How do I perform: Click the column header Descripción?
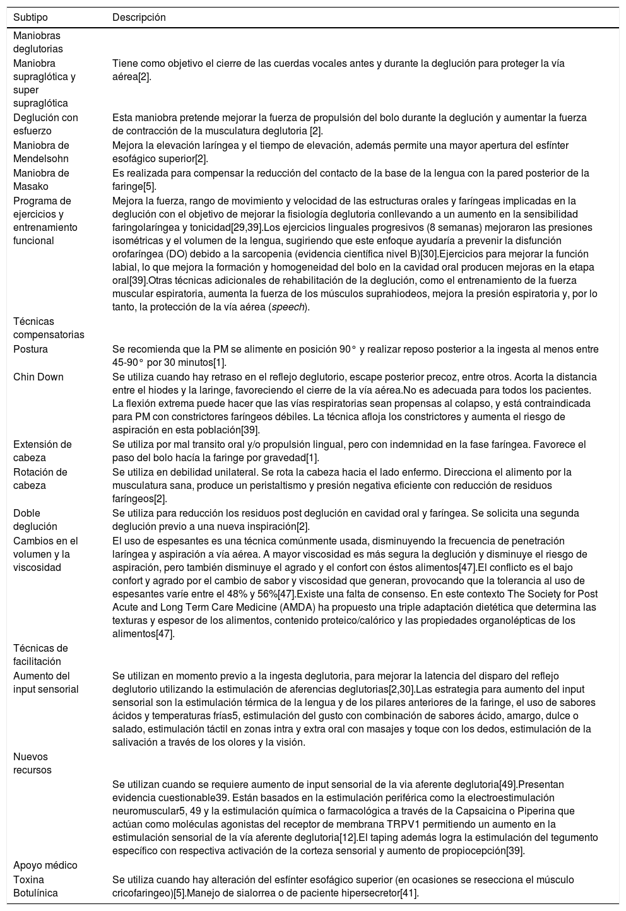pos(139,18)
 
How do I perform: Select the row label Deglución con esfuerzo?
pos(46,124)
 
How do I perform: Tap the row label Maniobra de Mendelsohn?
pos(42,152)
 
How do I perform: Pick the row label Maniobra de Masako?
pos(42,180)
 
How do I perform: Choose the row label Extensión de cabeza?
pos(43,451)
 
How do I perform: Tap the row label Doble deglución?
pos(35,520)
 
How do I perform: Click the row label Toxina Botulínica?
pos(35,886)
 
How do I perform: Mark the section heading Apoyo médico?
pos(45,865)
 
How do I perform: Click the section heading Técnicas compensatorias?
pos(49,328)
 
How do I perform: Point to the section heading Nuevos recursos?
pos(33,763)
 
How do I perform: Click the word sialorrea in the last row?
pos(288,893)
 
